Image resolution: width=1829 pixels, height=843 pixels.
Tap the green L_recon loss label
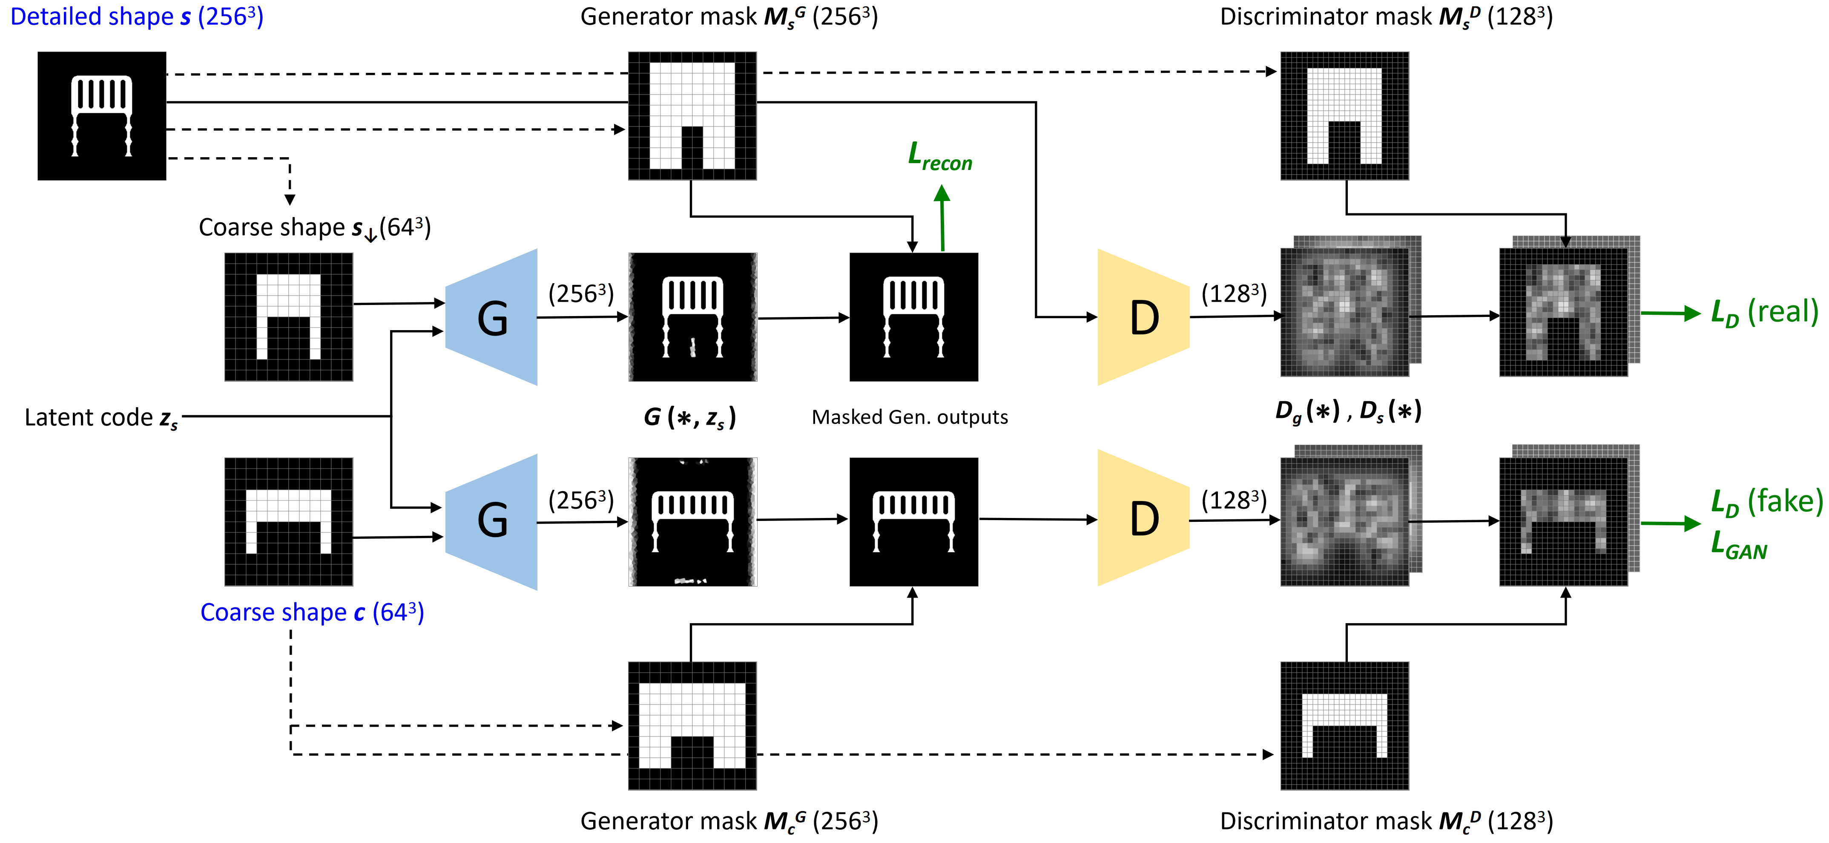click(939, 157)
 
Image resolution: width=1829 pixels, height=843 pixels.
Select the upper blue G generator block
click(492, 317)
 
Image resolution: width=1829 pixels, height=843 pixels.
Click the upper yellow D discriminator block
click(1143, 317)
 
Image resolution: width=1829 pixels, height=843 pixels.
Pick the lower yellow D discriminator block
click(1143, 518)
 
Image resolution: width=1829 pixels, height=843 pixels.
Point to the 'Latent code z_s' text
click(101, 417)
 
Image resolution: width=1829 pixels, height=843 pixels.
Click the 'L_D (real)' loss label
click(1764, 313)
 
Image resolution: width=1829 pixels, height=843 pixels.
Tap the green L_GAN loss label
click(1738, 545)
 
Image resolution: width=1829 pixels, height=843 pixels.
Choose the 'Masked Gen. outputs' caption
click(910, 417)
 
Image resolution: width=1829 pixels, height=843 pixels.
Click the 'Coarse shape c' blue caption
click(312, 612)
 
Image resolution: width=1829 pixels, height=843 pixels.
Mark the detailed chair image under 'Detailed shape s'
click(101, 116)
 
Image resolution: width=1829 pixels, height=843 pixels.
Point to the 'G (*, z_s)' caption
click(689, 417)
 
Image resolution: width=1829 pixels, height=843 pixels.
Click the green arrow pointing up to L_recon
click(942, 217)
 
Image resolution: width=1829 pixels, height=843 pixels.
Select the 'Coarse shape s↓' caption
click(315, 228)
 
